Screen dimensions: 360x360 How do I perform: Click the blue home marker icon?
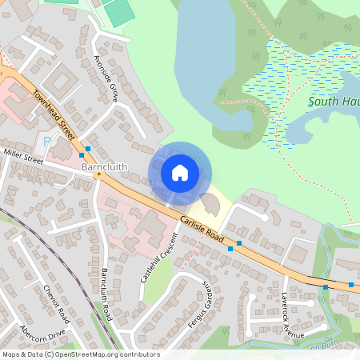(x=180, y=172)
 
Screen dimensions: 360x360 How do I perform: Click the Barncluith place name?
(x=105, y=167)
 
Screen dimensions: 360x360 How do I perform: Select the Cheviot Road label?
(x=57, y=305)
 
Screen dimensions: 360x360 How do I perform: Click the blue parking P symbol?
(x=46, y=141)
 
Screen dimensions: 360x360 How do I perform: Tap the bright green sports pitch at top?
(x=118, y=12)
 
